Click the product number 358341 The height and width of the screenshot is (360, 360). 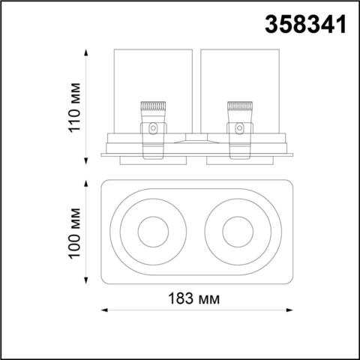[x=307, y=25]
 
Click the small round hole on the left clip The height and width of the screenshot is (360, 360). [x=152, y=129]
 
